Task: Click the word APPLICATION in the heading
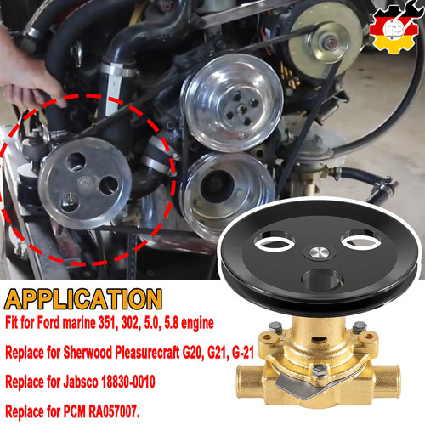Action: pyautogui.click(x=83, y=299)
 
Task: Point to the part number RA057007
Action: pyautogui.click(x=114, y=411)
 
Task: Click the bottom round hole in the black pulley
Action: pyautogui.click(x=322, y=280)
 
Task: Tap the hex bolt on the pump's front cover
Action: pyautogui.click(x=320, y=370)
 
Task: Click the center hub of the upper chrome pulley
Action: pyautogui.click(x=241, y=109)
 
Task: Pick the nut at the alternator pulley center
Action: pyautogui.click(x=331, y=43)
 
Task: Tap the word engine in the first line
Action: pyautogui.click(x=197, y=323)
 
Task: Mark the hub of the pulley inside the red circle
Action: pyautogui.click(x=86, y=184)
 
